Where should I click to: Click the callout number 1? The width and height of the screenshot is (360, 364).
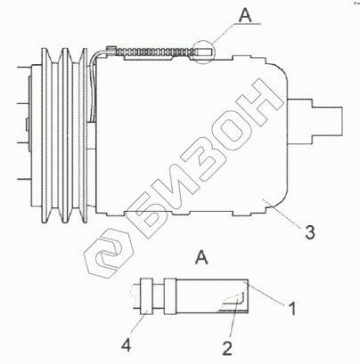coord(293,309)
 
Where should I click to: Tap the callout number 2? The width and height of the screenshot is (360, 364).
coord(227,348)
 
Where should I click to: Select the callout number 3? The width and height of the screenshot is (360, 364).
coord(309,232)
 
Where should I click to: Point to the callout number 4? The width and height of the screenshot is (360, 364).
coord(126,345)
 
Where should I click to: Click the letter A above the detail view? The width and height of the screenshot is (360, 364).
coord(201,257)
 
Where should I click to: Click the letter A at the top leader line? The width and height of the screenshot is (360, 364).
coord(245,15)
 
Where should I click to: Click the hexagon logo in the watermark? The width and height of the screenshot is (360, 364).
coord(109,253)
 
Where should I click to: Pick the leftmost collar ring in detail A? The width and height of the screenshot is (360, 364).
coord(146,296)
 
